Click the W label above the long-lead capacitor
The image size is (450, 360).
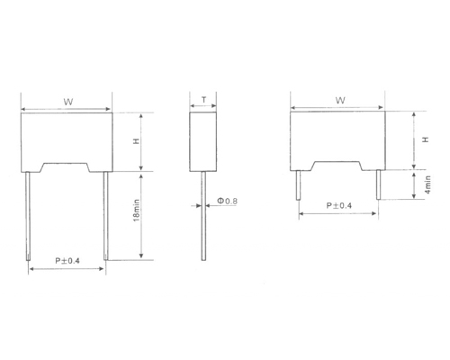67,101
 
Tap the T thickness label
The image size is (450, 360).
204,102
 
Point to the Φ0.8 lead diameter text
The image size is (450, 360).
229,202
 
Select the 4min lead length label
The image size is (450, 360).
428,185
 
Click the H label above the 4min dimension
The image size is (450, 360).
424,140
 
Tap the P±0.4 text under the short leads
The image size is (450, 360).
338,205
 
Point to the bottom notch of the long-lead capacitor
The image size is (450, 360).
67,166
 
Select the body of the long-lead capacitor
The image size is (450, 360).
67,135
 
